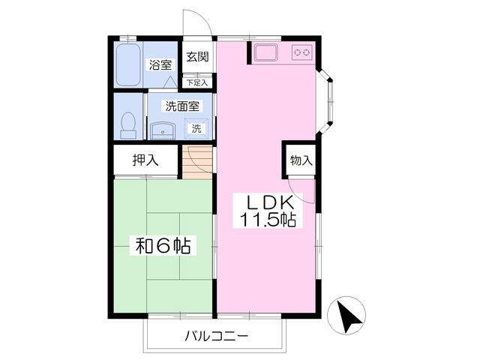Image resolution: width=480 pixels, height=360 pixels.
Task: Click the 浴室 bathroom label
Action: [160, 65]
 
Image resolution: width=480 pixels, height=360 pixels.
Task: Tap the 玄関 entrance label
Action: [197, 57]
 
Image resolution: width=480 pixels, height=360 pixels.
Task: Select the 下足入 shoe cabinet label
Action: [197, 82]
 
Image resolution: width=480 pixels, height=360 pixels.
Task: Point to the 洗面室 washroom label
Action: [182, 106]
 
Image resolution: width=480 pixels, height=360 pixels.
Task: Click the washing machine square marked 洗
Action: [196, 128]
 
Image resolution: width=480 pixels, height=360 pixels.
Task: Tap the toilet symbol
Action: [128, 125]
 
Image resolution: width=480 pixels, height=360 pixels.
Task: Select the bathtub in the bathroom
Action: [128, 65]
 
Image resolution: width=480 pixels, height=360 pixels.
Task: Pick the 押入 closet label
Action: [145, 160]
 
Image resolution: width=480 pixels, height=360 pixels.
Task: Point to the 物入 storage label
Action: [301, 160]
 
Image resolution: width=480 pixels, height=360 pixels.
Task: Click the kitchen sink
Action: [266, 52]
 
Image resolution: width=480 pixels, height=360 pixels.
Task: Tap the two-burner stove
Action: [302, 52]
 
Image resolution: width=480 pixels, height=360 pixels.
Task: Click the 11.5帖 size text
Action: [268, 220]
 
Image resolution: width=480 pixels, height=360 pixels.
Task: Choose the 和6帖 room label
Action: [163, 245]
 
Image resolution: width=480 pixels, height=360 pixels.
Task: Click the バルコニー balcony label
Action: [216, 337]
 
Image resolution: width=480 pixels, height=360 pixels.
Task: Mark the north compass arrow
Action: [349, 316]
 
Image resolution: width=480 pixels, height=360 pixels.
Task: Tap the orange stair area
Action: [197, 162]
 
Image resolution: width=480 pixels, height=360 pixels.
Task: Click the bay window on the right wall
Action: [325, 102]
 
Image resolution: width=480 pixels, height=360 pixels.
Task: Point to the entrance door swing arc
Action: [205, 18]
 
